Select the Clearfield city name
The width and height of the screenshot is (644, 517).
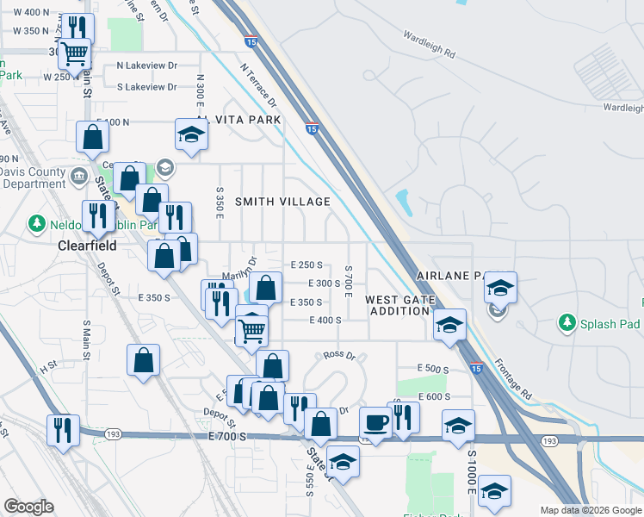click(x=86, y=245)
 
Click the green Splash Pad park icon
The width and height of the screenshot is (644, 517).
click(x=567, y=323)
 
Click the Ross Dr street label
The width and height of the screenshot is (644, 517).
click(x=340, y=355)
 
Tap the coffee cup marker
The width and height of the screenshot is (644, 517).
click(x=375, y=421)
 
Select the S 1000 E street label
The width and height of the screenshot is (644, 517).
click(x=472, y=472)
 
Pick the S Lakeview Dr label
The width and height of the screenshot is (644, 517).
click(x=146, y=87)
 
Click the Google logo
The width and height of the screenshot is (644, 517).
click(x=28, y=507)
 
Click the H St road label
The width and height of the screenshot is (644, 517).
click(x=46, y=366)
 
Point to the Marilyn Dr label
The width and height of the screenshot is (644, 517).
click(x=239, y=269)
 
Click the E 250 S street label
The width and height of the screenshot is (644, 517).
click(x=306, y=265)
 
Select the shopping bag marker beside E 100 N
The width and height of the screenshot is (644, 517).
click(x=92, y=136)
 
